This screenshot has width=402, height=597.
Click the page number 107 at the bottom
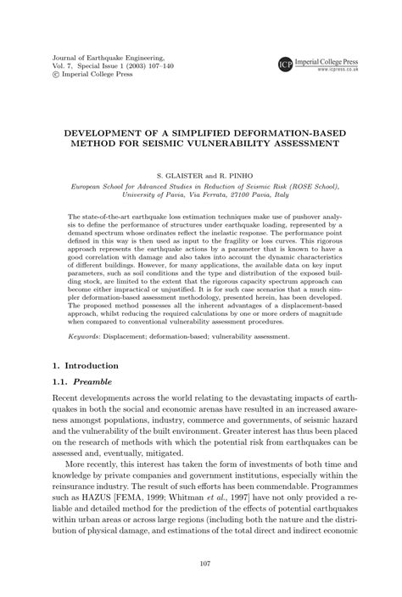(200, 562)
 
